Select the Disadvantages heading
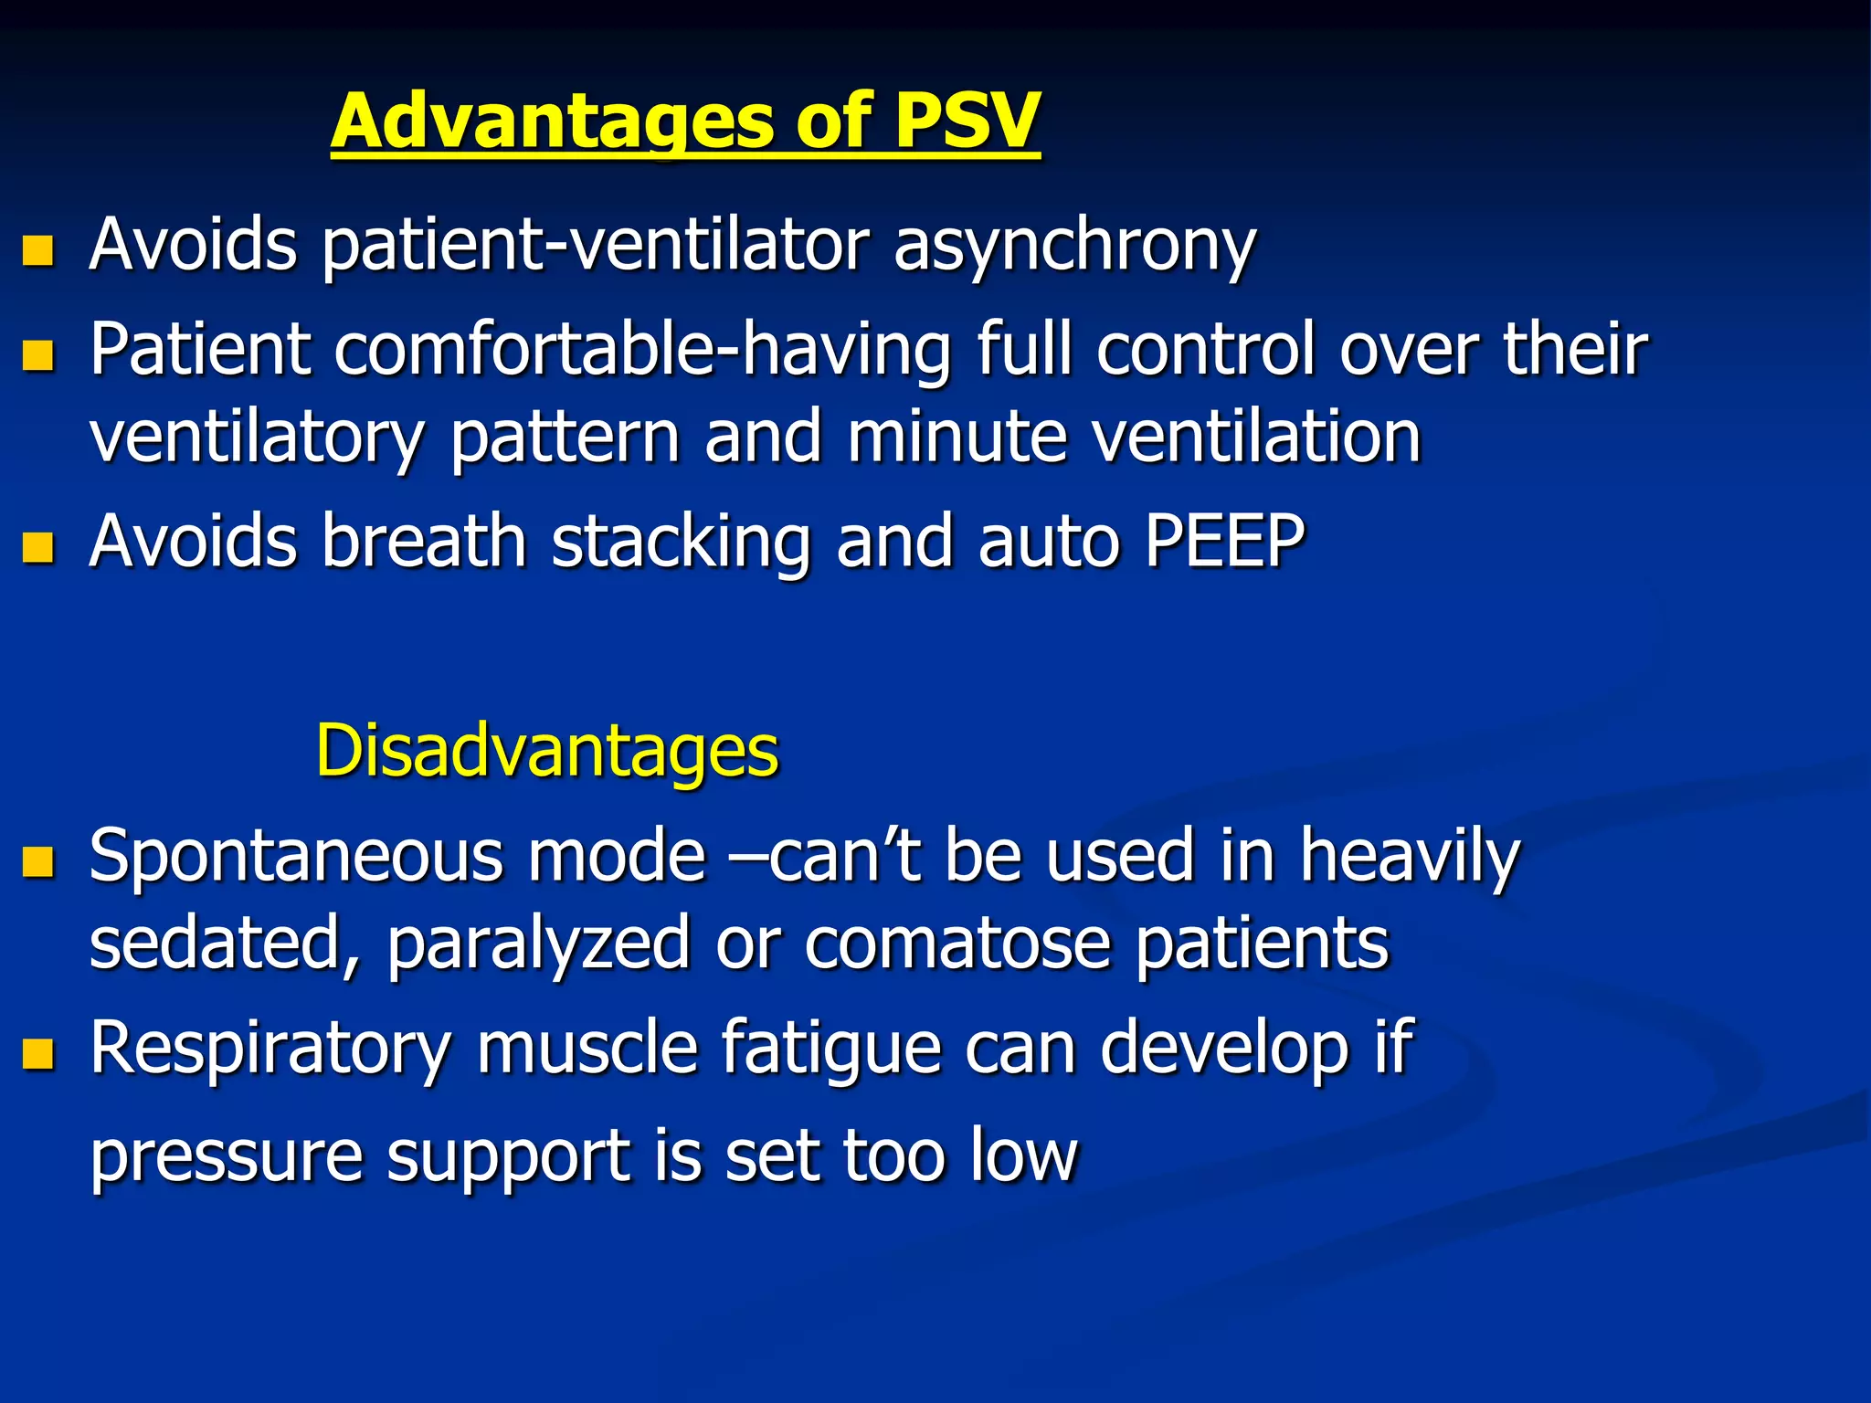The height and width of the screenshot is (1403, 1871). click(x=546, y=750)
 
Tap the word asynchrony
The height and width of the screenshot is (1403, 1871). click(x=1074, y=247)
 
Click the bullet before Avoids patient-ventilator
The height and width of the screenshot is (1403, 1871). click(x=38, y=249)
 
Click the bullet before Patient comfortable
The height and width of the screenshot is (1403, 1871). click(x=38, y=353)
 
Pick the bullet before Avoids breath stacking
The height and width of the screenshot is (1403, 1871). click(x=38, y=546)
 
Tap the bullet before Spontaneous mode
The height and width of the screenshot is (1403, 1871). click(x=38, y=860)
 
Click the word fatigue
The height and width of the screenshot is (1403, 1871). click(x=830, y=1050)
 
